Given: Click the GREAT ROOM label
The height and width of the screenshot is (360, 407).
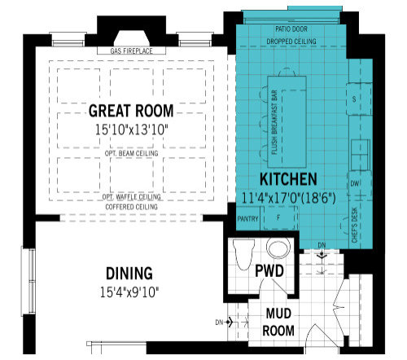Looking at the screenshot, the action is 131,111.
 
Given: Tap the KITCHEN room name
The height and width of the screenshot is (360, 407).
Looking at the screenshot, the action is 288,179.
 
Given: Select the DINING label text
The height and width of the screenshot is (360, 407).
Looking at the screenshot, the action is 129,274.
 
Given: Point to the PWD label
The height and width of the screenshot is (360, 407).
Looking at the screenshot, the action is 269,270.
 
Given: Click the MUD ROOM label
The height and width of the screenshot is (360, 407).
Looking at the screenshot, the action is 278,322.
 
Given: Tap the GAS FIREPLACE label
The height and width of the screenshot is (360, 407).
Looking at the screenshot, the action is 131,50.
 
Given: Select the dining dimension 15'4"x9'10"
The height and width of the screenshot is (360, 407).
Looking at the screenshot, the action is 129,292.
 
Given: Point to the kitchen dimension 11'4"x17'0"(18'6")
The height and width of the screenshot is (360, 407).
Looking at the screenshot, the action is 288,198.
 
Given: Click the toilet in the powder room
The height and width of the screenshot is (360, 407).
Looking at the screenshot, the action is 244,254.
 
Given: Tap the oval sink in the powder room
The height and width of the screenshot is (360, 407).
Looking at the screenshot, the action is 278,248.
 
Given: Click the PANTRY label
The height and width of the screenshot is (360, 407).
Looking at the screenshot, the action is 247,219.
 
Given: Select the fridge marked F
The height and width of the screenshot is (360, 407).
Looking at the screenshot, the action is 279,217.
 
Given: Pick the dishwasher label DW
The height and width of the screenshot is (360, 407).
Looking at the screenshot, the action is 355,184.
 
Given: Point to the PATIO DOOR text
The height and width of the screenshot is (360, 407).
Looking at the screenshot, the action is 291,29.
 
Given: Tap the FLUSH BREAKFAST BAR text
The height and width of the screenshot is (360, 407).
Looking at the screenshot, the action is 274,122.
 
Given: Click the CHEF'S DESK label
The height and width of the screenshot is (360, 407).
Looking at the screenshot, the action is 355,226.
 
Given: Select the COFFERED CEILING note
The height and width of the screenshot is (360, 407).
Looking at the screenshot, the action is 131,207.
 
